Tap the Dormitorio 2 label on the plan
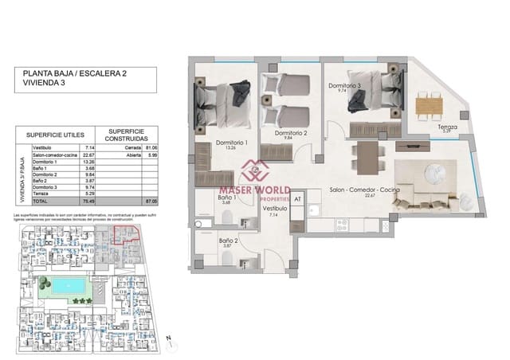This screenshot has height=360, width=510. [291, 132]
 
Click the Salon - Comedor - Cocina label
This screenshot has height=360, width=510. [363, 191]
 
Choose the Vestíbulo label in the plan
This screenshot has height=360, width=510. [276, 209]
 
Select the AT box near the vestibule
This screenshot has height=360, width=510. [297, 199]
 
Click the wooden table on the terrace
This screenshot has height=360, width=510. [429, 104]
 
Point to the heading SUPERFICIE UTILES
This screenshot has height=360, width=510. [54, 134]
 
